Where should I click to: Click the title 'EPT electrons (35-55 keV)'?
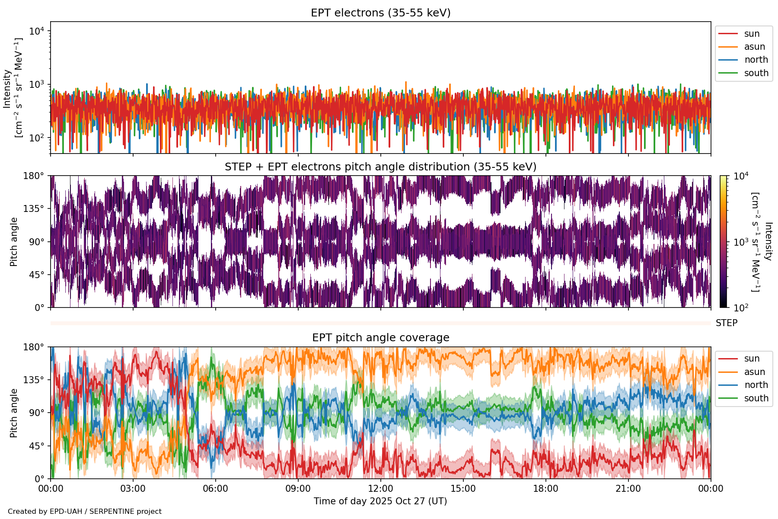pos(380,13)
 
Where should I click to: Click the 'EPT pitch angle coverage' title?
pos(380,338)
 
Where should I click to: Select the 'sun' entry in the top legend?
pos(752,34)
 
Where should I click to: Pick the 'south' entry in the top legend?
pos(756,73)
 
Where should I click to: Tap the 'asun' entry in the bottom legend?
pos(754,372)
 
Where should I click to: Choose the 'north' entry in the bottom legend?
pos(756,385)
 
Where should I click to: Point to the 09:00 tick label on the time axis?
pos(298,489)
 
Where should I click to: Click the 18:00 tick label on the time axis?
pos(545,489)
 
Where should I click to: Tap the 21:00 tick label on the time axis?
pos(628,489)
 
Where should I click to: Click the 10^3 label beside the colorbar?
pos(741,242)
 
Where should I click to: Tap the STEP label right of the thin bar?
pos(727,323)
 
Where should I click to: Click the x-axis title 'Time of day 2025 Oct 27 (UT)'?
pos(380,501)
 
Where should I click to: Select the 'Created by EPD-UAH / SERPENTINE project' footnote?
pos(85,512)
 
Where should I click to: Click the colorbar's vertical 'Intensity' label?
pos(768,241)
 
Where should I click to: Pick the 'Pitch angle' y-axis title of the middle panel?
pos(14,242)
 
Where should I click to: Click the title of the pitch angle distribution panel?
pos(380,167)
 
